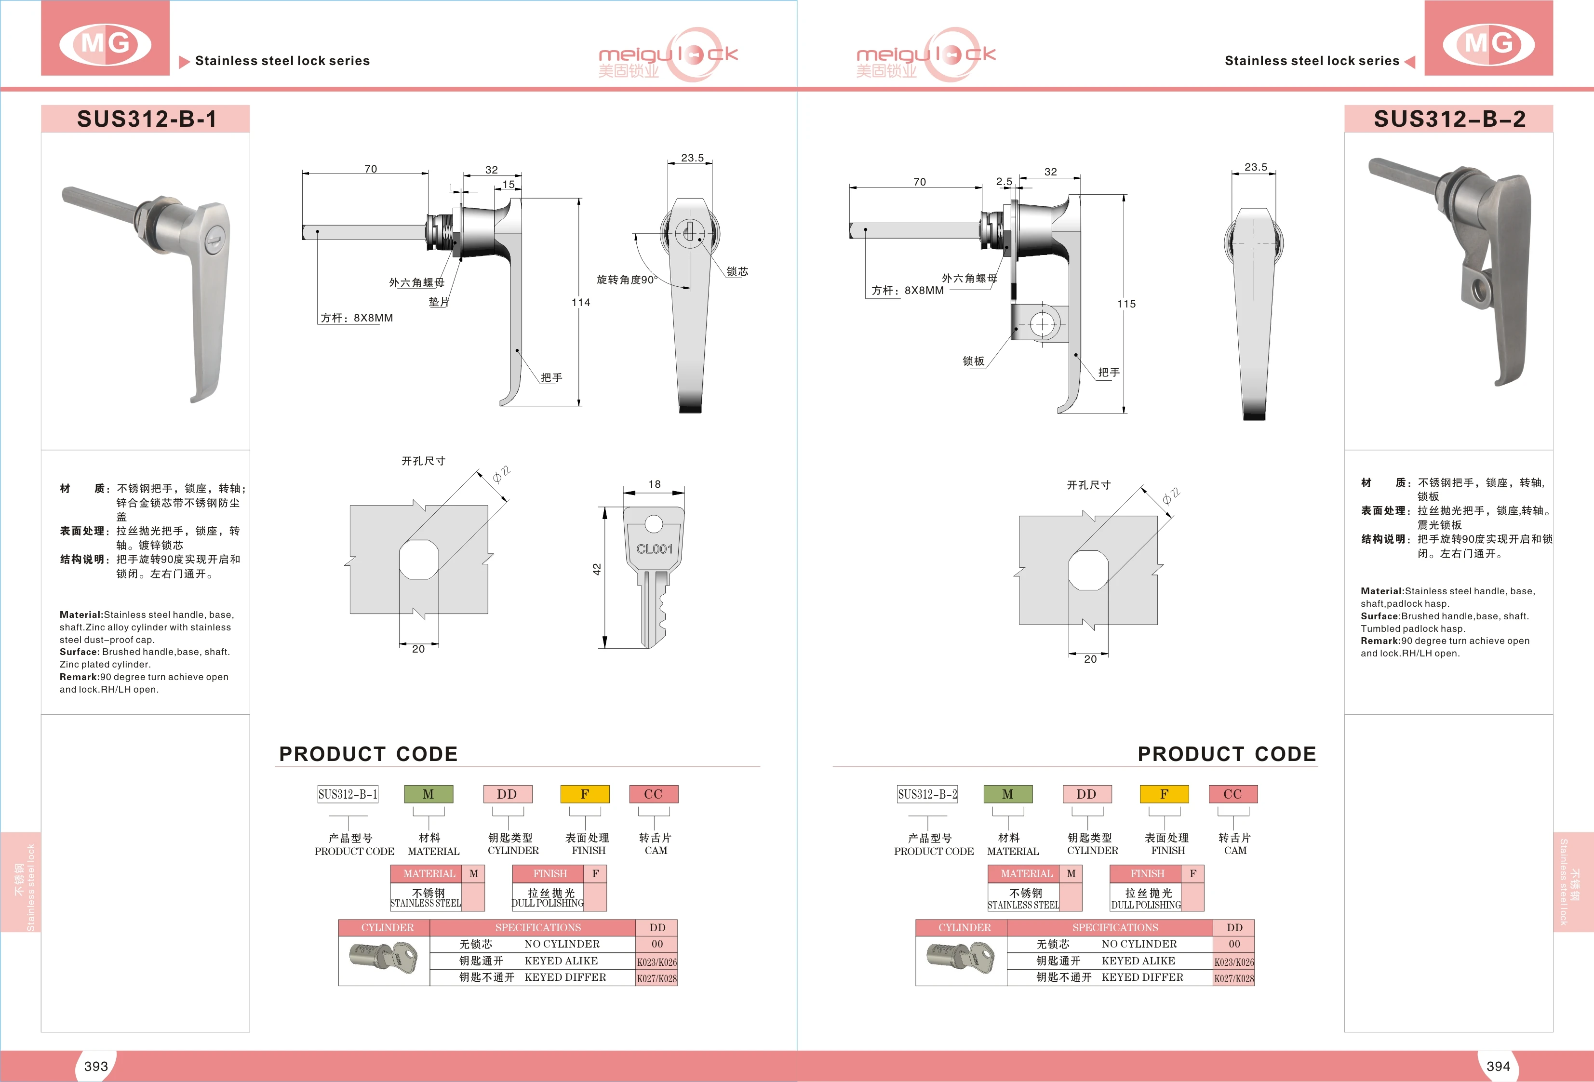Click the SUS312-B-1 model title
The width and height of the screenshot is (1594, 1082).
pos(146,119)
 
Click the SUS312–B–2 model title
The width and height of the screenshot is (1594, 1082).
pos(1449,119)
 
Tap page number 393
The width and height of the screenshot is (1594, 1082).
pos(96,1066)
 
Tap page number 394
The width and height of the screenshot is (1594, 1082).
pos(1498,1066)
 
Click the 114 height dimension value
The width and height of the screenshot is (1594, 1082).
pos(581,302)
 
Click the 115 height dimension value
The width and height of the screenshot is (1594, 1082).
pos(1126,304)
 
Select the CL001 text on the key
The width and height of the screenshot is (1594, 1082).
pos(655,549)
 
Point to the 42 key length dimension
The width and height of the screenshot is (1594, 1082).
pos(597,569)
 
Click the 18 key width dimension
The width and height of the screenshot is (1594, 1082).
pos(655,484)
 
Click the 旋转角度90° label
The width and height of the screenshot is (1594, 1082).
pos(626,280)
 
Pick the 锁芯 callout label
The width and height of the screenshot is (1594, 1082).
pos(737,271)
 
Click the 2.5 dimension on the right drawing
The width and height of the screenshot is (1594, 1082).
pos(1004,182)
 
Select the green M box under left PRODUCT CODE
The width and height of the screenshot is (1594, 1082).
pos(428,794)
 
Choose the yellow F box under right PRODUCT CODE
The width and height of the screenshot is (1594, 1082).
pos(1164,794)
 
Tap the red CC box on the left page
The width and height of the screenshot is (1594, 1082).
pos(654,794)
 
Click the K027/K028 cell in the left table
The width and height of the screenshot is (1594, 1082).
pos(656,978)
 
